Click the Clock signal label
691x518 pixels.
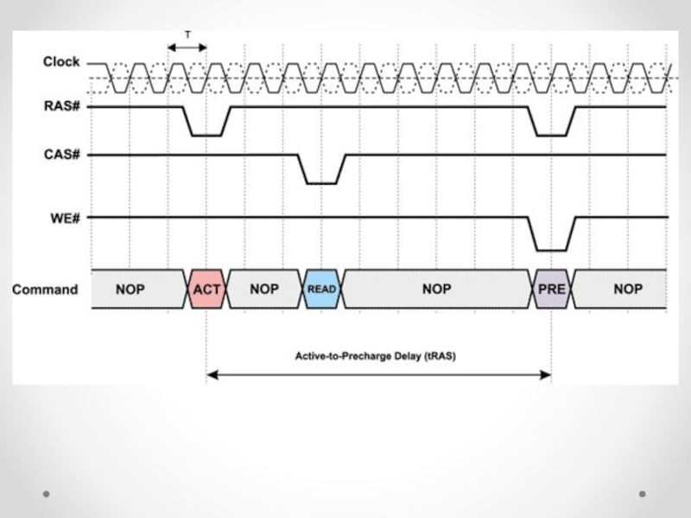pos(61,62)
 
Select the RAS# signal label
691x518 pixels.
pos(61,107)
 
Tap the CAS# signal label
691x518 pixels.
pos(61,155)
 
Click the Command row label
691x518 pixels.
pos(45,289)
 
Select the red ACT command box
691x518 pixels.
pos(206,289)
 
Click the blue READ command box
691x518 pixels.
pos(321,289)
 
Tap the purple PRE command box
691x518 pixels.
pos(551,289)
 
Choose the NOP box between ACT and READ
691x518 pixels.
pos(264,289)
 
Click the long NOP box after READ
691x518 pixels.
pos(436,289)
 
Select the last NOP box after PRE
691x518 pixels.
pos(628,289)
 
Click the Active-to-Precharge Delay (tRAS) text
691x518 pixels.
pos(375,356)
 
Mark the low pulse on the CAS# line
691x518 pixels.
pos(321,182)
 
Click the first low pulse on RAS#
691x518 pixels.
pos(206,135)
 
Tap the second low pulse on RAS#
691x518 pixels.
pos(551,135)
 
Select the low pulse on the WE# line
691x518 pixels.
pos(551,250)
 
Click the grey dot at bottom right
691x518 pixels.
pos(642,494)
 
